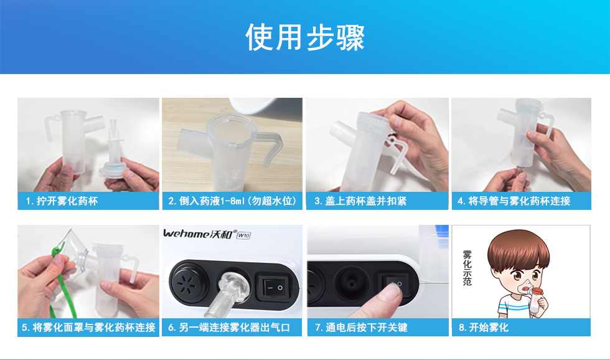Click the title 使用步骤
pyautogui.click(x=305, y=37)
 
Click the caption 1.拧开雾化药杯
pyautogui.click(x=62, y=201)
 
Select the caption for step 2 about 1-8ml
pyautogui.click(x=232, y=201)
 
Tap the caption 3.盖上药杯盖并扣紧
pyautogui.click(x=360, y=201)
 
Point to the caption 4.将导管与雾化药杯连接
pyautogui.click(x=514, y=201)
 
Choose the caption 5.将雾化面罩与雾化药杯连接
pyautogui.click(x=88, y=328)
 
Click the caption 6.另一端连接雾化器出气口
pyautogui.click(x=229, y=328)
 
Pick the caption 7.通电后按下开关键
pyautogui.click(x=361, y=328)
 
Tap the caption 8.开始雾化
pyautogui.click(x=484, y=328)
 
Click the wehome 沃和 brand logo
pyautogui.click(x=198, y=234)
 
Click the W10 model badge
pyautogui.click(x=243, y=235)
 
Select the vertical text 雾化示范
pyautogui.click(x=467, y=268)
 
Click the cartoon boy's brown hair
pyautogui.click(x=518, y=249)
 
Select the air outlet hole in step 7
pyautogui.click(x=351, y=283)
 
